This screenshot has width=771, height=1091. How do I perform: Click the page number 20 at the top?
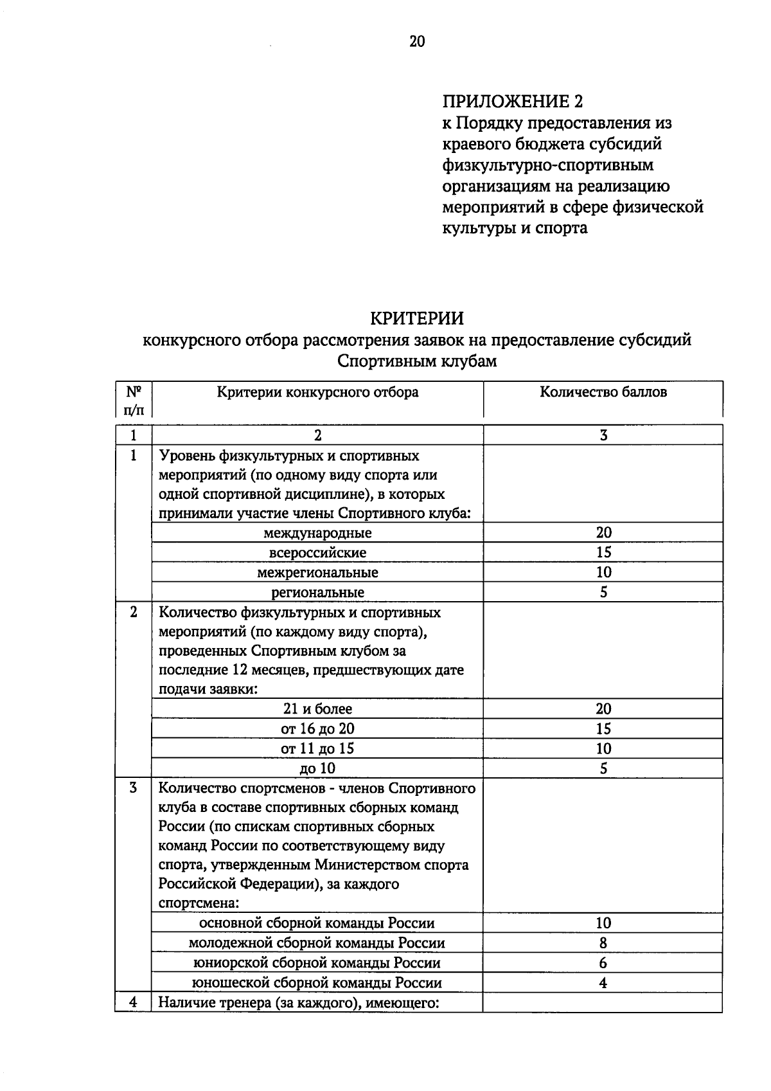point(416,42)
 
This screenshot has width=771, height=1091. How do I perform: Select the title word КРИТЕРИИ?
point(416,319)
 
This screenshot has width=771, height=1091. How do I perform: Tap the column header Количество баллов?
point(603,392)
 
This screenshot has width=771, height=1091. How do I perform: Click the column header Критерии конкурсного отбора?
point(317,392)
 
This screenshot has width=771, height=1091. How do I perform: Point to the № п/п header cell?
point(134,400)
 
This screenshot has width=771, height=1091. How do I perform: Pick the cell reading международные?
point(317,533)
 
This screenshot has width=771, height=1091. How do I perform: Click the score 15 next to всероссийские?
point(603,552)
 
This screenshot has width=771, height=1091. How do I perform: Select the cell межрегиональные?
point(317,572)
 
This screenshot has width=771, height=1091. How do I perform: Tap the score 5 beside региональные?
point(603,592)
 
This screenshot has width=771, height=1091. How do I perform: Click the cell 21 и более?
point(317,709)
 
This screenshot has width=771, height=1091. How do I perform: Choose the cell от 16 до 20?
point(317,729)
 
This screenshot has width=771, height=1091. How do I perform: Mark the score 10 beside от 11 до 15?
point(603,749)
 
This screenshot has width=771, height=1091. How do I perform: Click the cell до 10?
point(317,769)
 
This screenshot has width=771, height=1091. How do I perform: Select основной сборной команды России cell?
point(317,923)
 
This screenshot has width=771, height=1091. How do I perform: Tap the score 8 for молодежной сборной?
point(603,943)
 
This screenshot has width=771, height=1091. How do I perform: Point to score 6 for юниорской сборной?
point(603,963)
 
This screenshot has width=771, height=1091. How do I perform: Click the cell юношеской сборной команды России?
point(317,983)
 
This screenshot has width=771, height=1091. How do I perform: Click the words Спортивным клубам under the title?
point(417,361)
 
